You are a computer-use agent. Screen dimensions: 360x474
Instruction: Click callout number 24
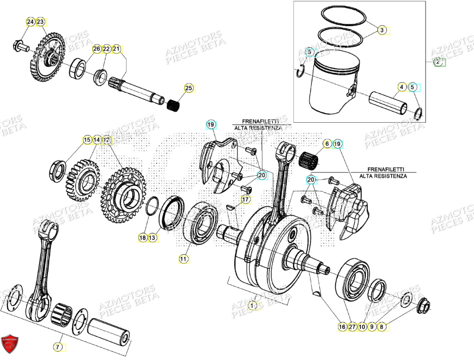point(30,22)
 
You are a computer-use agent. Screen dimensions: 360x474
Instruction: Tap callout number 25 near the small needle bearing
point(188,88)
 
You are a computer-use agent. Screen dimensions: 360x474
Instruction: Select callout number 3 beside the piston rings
point(382,30)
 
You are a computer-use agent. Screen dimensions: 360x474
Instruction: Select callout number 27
point(352,327)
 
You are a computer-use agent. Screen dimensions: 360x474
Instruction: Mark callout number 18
point(142,238)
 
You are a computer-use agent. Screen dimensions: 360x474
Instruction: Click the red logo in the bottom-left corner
point(10,344)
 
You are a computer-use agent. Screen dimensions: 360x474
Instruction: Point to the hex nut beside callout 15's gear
point(57,170)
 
